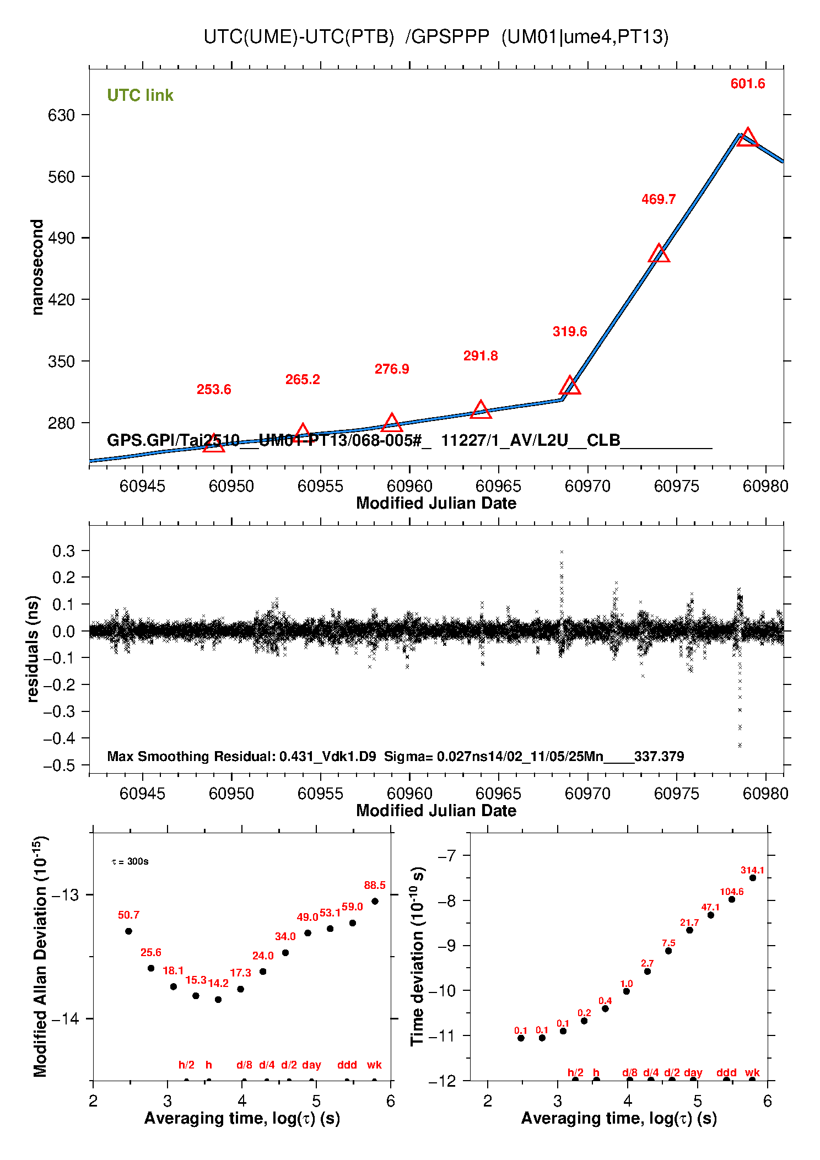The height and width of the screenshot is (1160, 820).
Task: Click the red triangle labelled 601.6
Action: click(x=747, y=138)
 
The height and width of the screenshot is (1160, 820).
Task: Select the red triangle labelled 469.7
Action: click(x=659, y=254)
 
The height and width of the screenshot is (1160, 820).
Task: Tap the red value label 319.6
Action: click(x=570, y=332)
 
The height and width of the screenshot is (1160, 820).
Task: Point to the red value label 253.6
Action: click(x=214, y=390)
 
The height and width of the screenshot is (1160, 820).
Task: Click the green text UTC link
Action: click(x=140, y=95)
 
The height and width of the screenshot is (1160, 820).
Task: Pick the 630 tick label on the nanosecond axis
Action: click(x=61, y=115)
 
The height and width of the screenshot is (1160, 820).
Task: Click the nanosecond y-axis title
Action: click(x=37, y=267)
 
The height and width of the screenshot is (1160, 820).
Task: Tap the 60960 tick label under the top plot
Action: click(x=409, y=486)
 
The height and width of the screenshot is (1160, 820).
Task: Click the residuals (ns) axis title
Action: click(x=33, y=649)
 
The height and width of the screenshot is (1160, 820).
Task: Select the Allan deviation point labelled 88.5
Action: click(x=375, y=902)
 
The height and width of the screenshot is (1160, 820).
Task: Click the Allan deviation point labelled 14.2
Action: click(x=218, y=1000)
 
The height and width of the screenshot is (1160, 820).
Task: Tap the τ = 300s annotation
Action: click(x=130, y=862)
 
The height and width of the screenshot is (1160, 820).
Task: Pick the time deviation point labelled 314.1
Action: click(x=753, y=878)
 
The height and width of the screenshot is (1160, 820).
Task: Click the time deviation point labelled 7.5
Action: click(x=668, y=951)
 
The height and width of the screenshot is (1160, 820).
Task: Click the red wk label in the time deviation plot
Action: click(x=752, y=1072)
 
